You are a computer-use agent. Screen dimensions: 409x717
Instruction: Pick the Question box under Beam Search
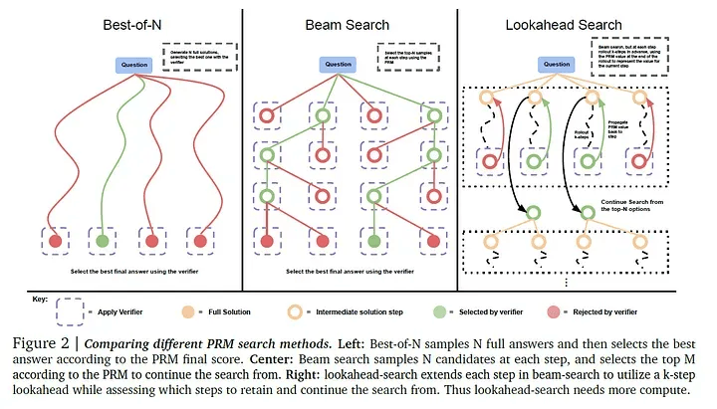pos(337,65)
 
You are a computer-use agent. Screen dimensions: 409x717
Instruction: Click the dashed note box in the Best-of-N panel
pos(200,57)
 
